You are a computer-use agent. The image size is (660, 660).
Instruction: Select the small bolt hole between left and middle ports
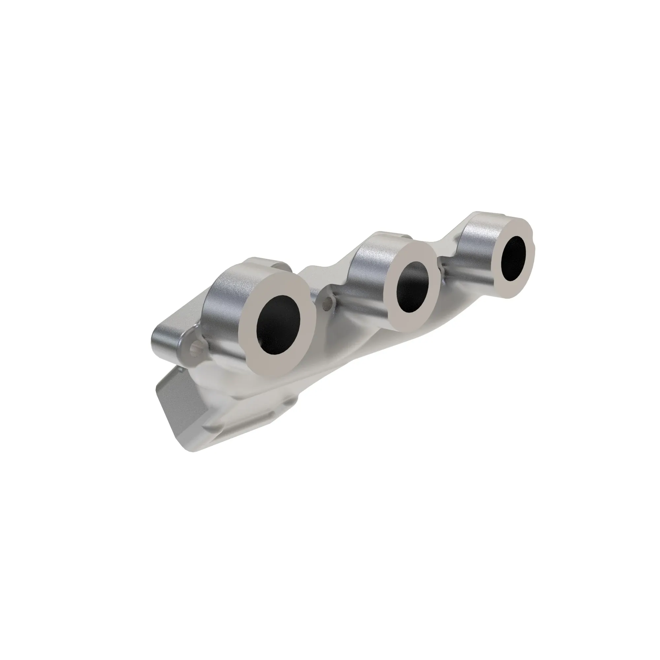[x=328, y=301]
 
